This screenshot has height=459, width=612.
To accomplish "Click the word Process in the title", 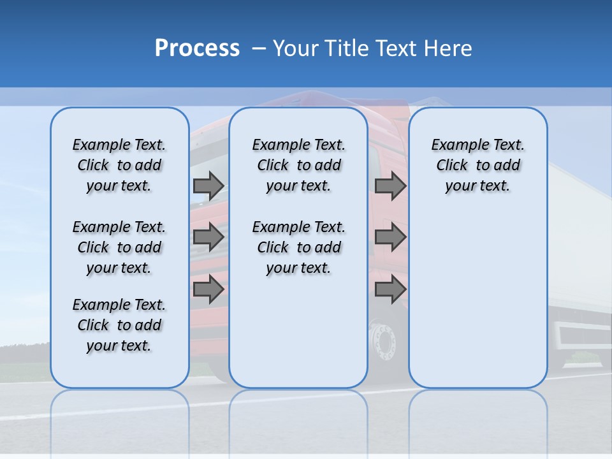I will click(x=197, y=48).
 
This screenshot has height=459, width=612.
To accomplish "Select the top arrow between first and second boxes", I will click(x=208, y=186).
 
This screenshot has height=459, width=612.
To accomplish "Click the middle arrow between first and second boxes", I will click(x=208, y=237).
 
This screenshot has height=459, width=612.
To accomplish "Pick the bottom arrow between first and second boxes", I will click(x=208, y=289).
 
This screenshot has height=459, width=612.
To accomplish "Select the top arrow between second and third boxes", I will click(x=390, y=186).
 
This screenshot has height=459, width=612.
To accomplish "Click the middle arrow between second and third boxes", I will click(x=390, y=237).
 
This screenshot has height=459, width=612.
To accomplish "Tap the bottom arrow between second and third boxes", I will click(x=390, y=289).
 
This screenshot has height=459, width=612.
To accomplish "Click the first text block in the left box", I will click(x=119, y=165).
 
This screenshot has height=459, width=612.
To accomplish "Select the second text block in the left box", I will click(x=119, y=247).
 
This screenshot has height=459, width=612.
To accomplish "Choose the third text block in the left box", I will click(x=119, y=325).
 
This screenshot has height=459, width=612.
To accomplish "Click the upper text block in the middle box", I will click(x=298, y=165).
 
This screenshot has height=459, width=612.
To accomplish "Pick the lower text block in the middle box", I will click(x=298, y=247).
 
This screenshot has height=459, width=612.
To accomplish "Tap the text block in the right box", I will click(x=478, y=165).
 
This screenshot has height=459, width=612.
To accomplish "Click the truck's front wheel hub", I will click(x=383, y=342).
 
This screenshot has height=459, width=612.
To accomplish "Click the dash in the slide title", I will click(x=258, y=48).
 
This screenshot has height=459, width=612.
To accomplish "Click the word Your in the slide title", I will click(x=296, y=48).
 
